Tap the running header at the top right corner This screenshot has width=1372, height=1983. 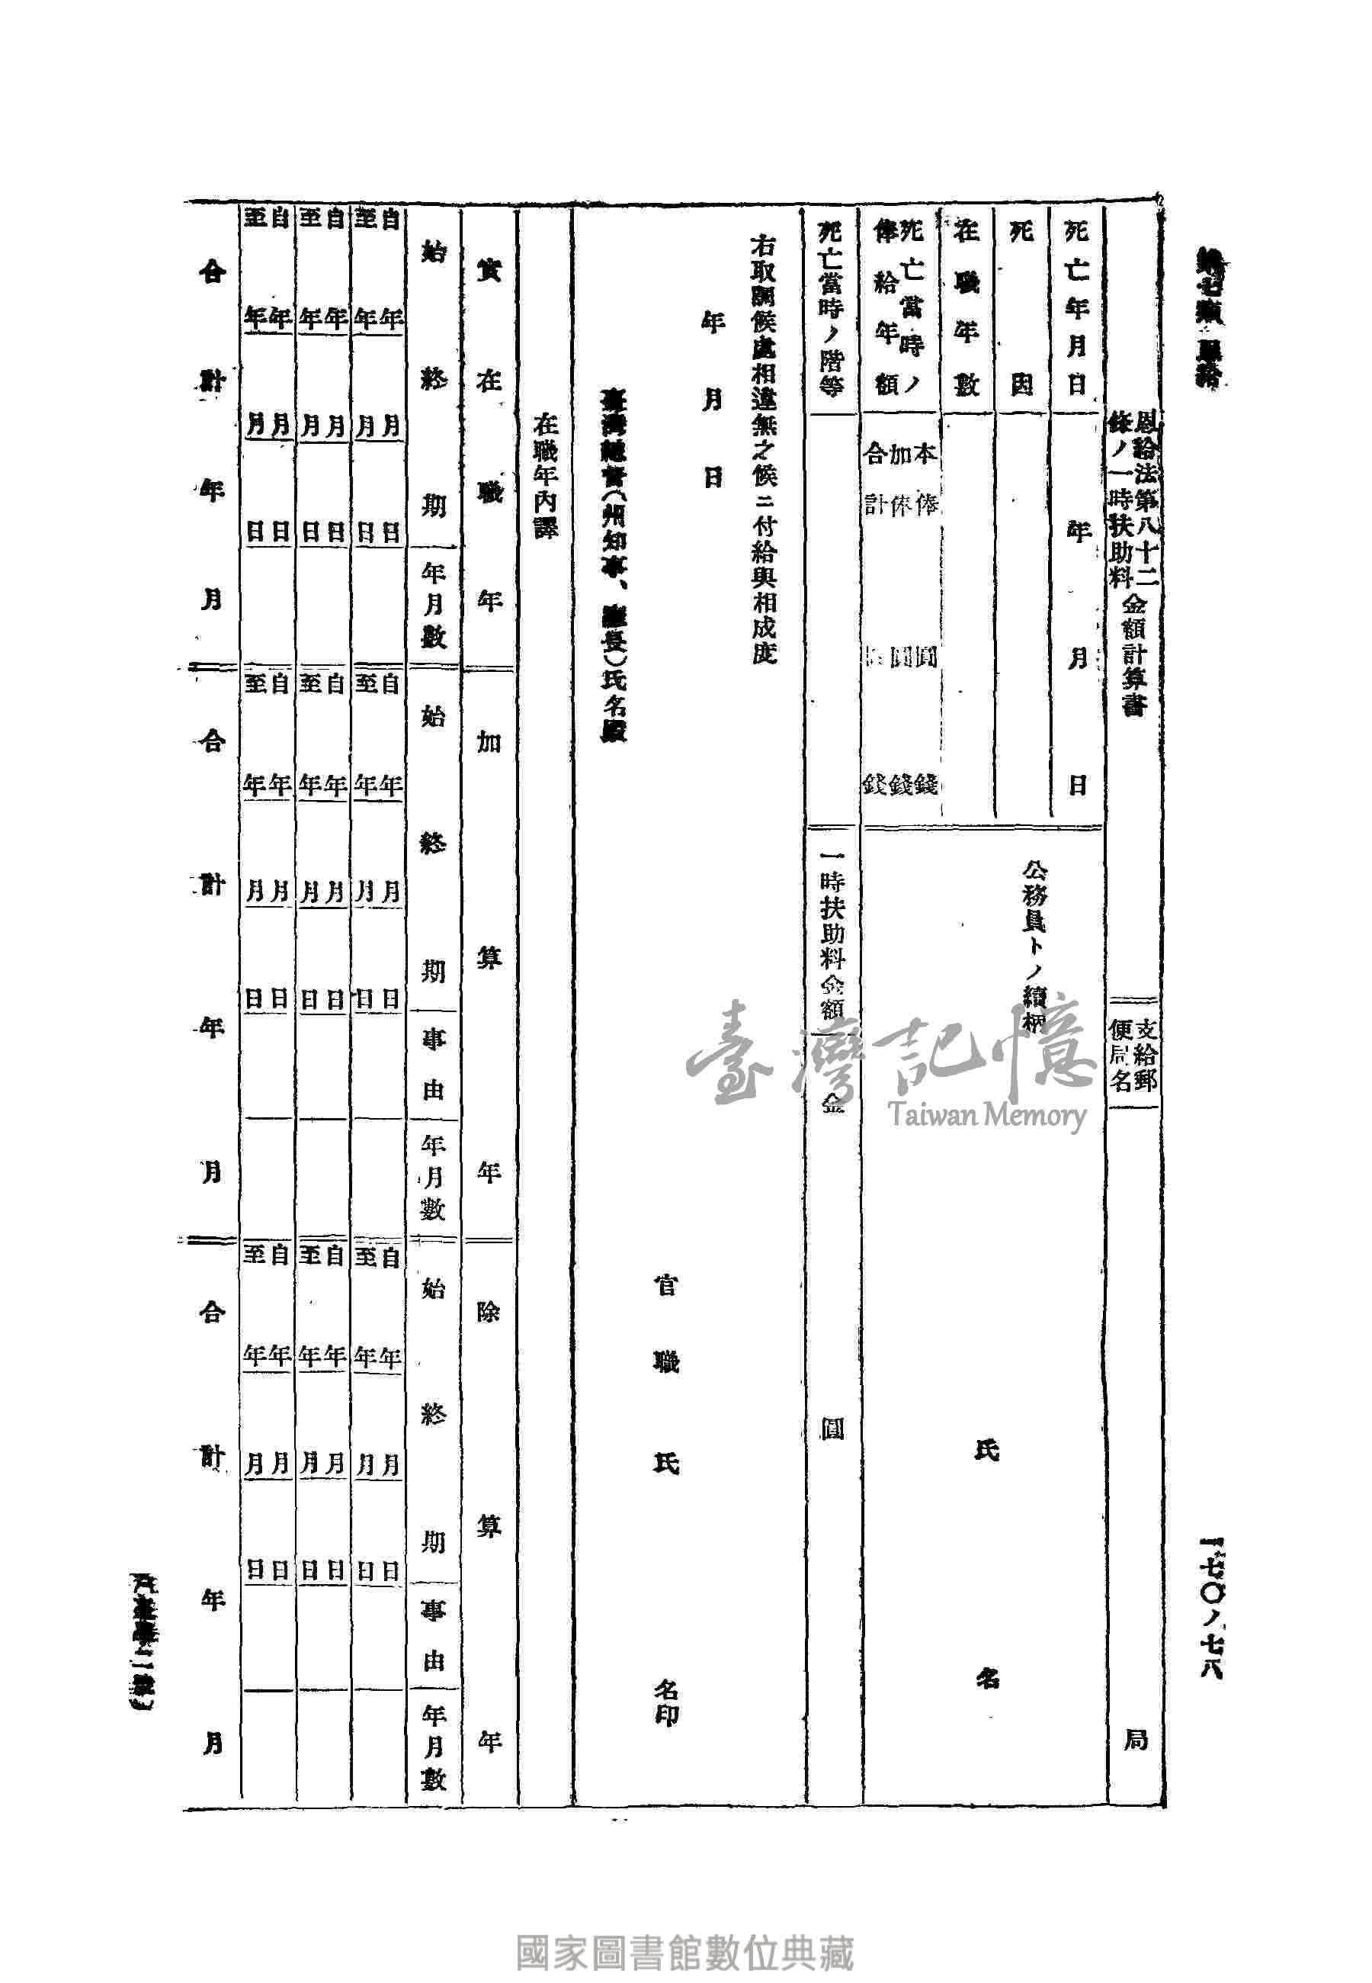1212,318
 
